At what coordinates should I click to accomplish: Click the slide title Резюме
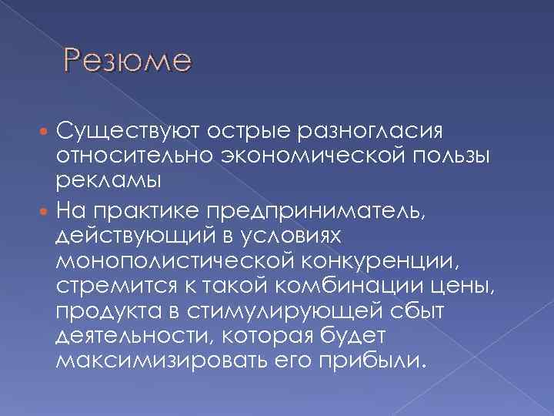128,59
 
